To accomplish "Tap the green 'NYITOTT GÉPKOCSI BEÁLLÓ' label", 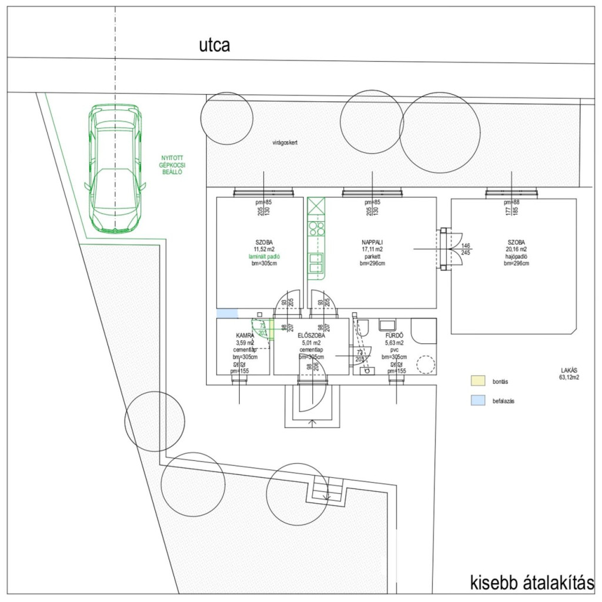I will click(173, 165).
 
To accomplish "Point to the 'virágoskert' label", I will click(285, 143).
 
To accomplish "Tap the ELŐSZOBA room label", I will click(312, 335).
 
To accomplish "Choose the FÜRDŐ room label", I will click(394, 335).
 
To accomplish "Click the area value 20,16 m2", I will click(516, 249).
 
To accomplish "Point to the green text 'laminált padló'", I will click(259, 256).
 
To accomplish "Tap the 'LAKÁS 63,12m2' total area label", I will click(569, 374).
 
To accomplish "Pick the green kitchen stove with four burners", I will click(316, 228).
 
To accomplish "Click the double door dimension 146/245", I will click(466, 249).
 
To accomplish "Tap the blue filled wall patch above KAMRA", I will click(227, 313).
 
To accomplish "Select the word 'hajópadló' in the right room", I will click(516, 256).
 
